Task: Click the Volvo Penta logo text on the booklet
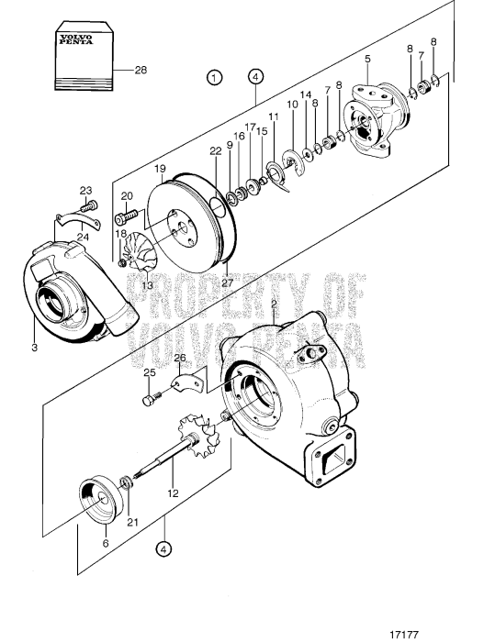point(76,39)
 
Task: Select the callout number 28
point(141,70)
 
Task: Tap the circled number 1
point(215,77)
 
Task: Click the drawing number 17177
point(404,635)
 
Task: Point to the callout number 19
point(161,168)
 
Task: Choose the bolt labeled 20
point(127,216)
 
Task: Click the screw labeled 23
point(89,205)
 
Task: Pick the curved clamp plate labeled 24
point(78,221)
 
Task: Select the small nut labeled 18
point(122,263)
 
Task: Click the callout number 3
point(35,348)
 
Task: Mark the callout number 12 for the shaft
point(173,493)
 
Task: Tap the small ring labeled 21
point(127,482)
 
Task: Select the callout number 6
point(106,543)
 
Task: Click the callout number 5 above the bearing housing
point(367,59)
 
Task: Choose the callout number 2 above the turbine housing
point(274,304)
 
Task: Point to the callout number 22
point(216,151)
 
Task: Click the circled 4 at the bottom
point(163,549)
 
